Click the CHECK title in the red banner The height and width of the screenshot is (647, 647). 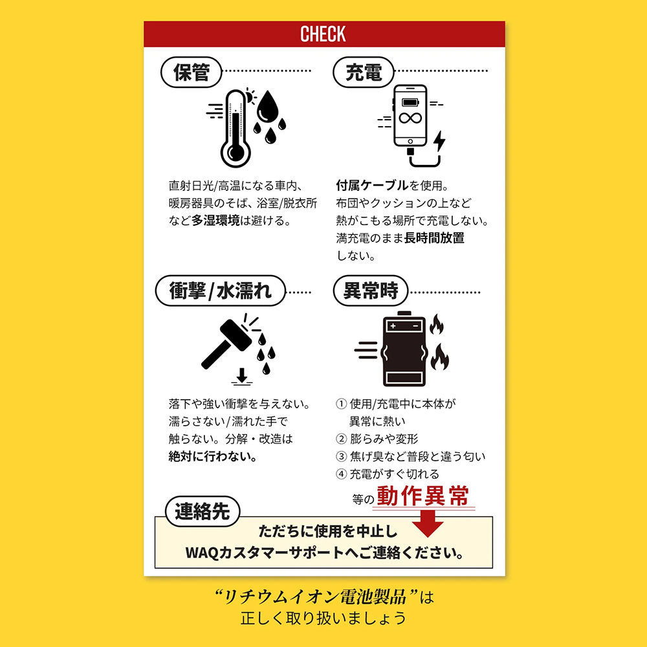(x=323, y=34)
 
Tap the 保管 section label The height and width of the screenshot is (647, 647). (x=192, y=72)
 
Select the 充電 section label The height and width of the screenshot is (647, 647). (x=364, y=72)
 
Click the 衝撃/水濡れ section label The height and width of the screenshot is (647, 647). (x=221, y=291)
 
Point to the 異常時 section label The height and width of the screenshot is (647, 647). (x=371, y=291)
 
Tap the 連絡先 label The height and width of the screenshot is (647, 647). (x=202, y=512)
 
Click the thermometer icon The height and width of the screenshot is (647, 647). (x=236, y=128)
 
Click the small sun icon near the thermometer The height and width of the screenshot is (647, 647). (x=250, y=96)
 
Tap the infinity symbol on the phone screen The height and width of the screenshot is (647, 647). (x=410, y=118)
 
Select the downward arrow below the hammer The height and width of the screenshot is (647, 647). (x=242, y=377)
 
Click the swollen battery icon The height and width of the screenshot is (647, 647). (x=404, y=349)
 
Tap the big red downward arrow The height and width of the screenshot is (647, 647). (x=428, y=523)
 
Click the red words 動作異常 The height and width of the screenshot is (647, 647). (x=423, y=496)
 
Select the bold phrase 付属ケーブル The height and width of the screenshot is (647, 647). (x=372, y=186)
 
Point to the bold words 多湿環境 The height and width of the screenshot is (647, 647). (x=215, y=221)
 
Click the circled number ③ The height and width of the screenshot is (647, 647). (x=341, y=456)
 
